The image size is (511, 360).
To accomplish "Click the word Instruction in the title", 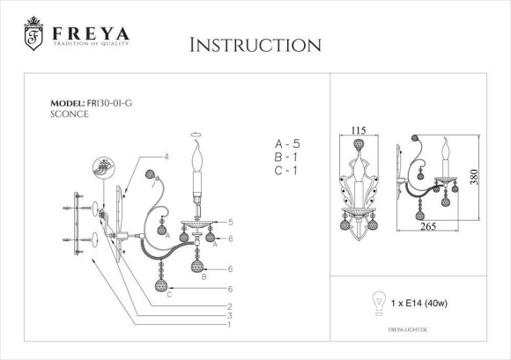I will click(x=255, y=45).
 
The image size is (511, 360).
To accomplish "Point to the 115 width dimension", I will click(x=359, y=130).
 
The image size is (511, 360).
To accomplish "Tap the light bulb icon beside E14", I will click(x=381, y=300).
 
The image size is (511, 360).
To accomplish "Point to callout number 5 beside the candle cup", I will click(x=230, y=222).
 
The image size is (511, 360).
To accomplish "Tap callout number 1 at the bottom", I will click(x=229, y=325).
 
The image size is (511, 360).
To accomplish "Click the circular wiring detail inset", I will click(x=105, y=169).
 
